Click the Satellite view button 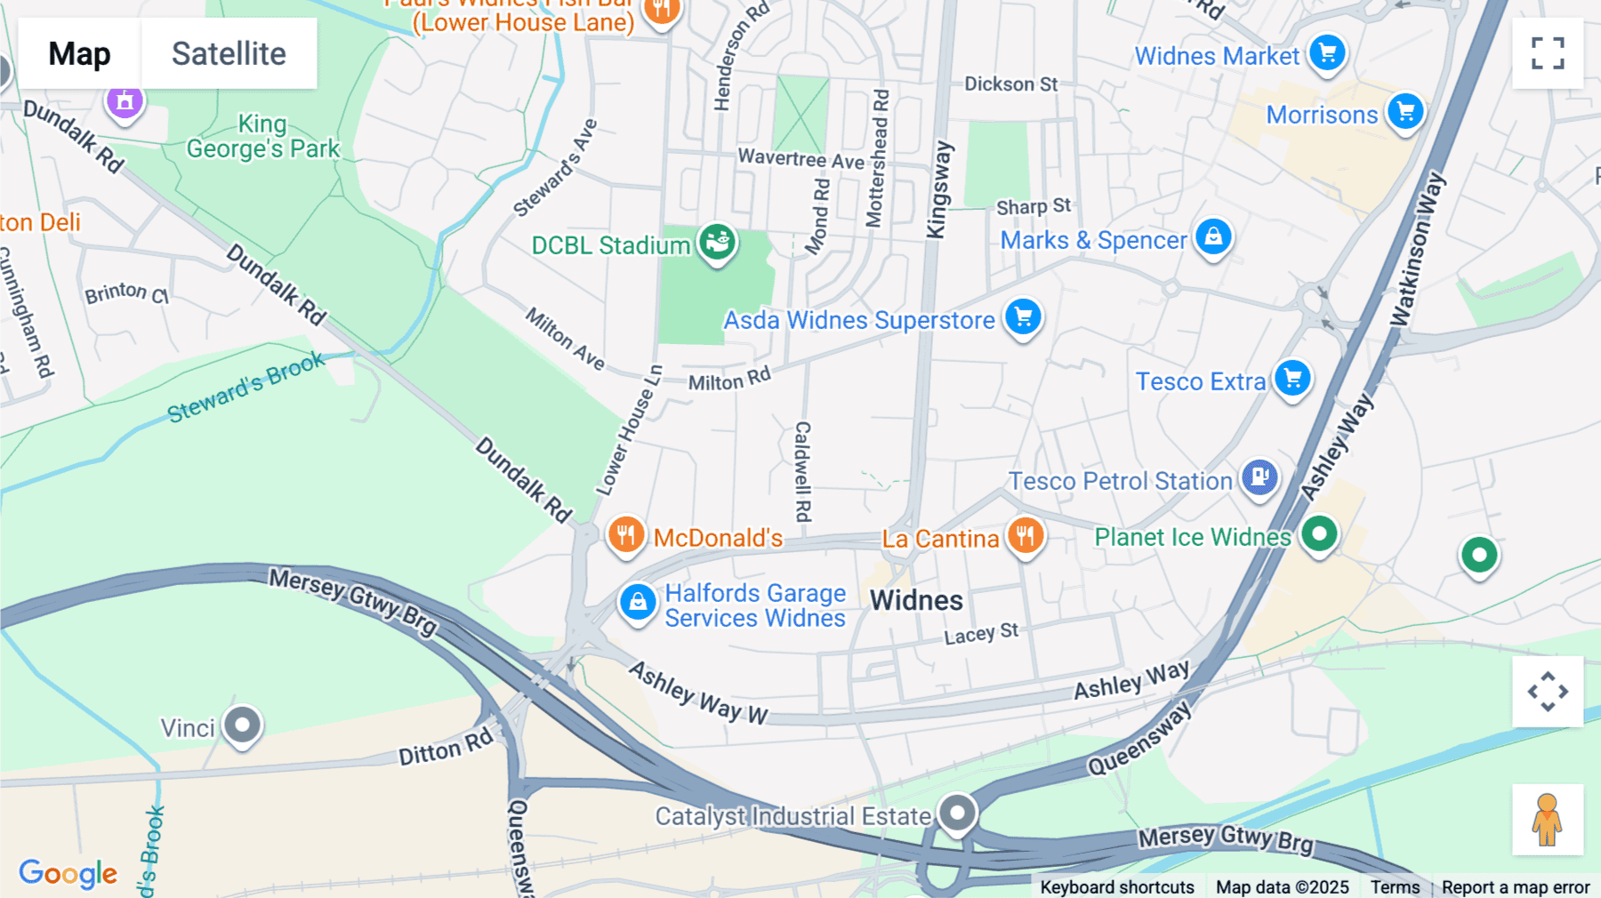(229, 53)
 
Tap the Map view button (79, 53)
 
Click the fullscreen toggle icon (1548, 53)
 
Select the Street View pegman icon (1548, 820)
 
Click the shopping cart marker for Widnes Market (1327, 53)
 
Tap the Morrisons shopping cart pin (1405, 112)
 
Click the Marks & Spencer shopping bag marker (1213, 237)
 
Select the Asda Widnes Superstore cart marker (1023, 317)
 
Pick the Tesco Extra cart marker (1292, 379)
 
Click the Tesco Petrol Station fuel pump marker (1259, 478)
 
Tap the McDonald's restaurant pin (626, 535)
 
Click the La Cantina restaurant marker (1026, 536)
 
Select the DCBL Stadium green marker (717, 242)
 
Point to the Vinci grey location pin (242, 726)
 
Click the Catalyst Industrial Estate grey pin (958, 813)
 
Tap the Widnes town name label (916, 601)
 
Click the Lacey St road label (981, 635)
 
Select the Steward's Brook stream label (246, 388)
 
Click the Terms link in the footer (1395, 887)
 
